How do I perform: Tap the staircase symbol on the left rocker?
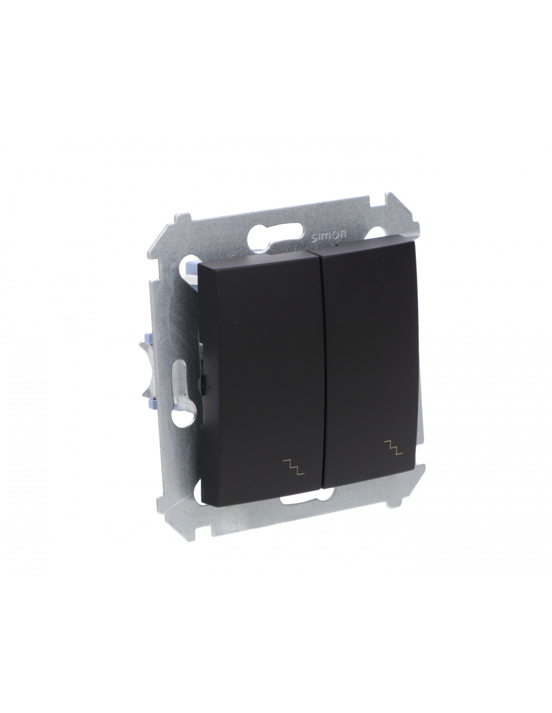point(294,467)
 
